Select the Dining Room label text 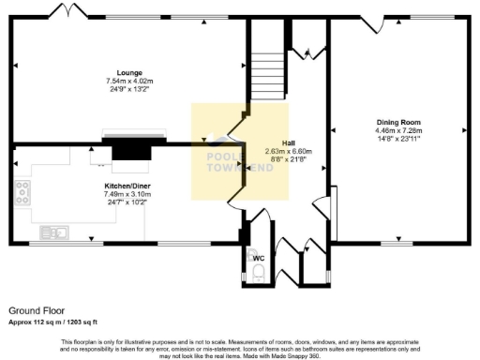point(398,122)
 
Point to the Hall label point(276,142)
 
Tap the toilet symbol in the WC point(258,273)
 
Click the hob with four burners point(22,194)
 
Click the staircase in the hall point(265,66)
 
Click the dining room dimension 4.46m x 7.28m point(398,131)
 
